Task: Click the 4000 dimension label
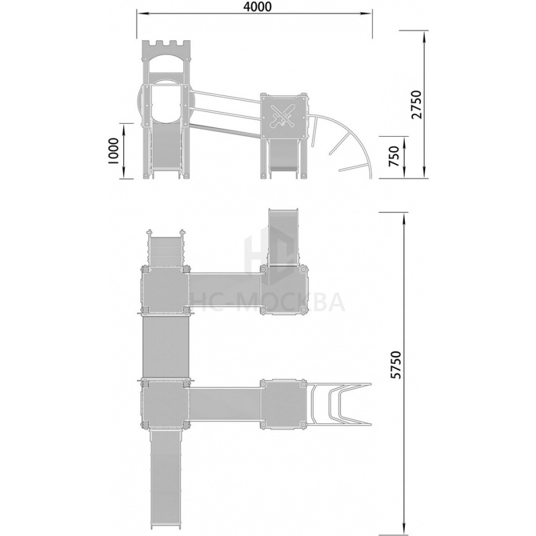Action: [258, 7]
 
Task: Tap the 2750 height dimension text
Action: [417, 105]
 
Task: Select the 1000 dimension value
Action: [113, 151]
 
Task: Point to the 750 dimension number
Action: [394, 157]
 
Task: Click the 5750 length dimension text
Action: [396, 365]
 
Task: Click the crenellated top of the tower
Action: [166, 45]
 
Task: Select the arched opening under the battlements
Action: [166, 64]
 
